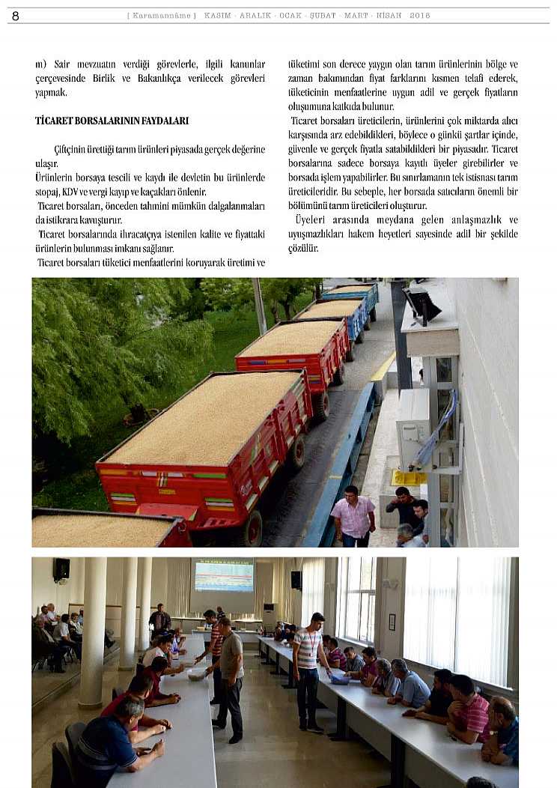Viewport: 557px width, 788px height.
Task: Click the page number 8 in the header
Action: coord(16,16)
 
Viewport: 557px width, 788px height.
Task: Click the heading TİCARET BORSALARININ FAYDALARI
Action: coord(112,121)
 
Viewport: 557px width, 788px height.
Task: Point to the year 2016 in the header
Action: coord(420,16)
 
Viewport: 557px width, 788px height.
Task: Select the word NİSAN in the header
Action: coord(388,16)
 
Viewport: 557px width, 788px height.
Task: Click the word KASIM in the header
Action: coord(218,16)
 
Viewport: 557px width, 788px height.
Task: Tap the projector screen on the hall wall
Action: coord(224,576)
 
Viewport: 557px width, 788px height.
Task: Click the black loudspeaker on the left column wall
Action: coord(61,569)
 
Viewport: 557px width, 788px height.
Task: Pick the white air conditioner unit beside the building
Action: coord(413,428)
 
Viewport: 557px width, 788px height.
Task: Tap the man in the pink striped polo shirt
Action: coord(467,709)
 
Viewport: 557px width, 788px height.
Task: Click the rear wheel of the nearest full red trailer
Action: coord(252,529)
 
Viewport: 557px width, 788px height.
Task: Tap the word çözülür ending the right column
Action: coord(303,249)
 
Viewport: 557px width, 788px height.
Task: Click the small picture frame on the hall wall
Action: coord(392,622)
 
